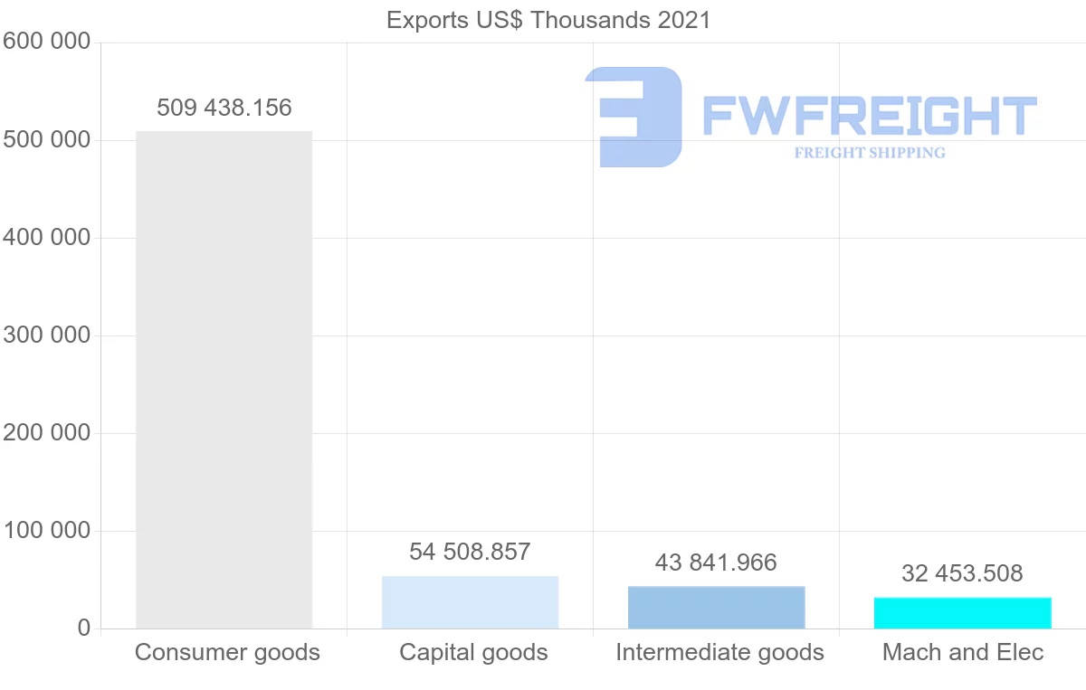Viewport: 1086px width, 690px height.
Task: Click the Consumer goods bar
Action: [x=224, y=380]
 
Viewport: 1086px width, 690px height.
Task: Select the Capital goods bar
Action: [x=470, y=602]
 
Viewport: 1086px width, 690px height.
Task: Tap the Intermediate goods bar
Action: [x=716, y=608]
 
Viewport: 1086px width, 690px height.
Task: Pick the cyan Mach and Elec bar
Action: [x=962, y=613]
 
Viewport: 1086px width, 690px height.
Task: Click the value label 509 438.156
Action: [x=224, y=109]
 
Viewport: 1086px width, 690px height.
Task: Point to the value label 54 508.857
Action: [x=470, y=552]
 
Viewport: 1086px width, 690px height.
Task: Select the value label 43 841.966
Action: [x=716, y=562]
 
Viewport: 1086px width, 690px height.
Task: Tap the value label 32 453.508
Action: [x=962, y=573]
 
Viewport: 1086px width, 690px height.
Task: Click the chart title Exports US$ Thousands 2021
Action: [x=548, y=20]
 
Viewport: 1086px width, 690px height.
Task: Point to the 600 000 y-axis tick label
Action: [x=46, y=42]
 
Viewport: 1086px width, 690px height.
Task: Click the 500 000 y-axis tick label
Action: [x=46, y=140]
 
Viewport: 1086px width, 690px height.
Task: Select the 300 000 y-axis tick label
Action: [x=46, y=336]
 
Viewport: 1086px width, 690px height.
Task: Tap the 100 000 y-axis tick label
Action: [x=46, y=531]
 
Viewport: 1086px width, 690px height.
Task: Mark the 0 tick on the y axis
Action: [x=84, y=628]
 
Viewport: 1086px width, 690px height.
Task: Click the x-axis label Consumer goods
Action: [x=227, y=652]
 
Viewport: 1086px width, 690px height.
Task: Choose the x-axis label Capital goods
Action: [x=473, y=652]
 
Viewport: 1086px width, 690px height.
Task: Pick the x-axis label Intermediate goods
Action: [x=719, y=652]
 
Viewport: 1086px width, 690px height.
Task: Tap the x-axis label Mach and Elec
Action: [x=963, y=652]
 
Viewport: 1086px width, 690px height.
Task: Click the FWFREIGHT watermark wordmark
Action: [x=869, y=116]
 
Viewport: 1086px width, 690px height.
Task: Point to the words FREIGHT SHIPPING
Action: [x=870, y=153]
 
